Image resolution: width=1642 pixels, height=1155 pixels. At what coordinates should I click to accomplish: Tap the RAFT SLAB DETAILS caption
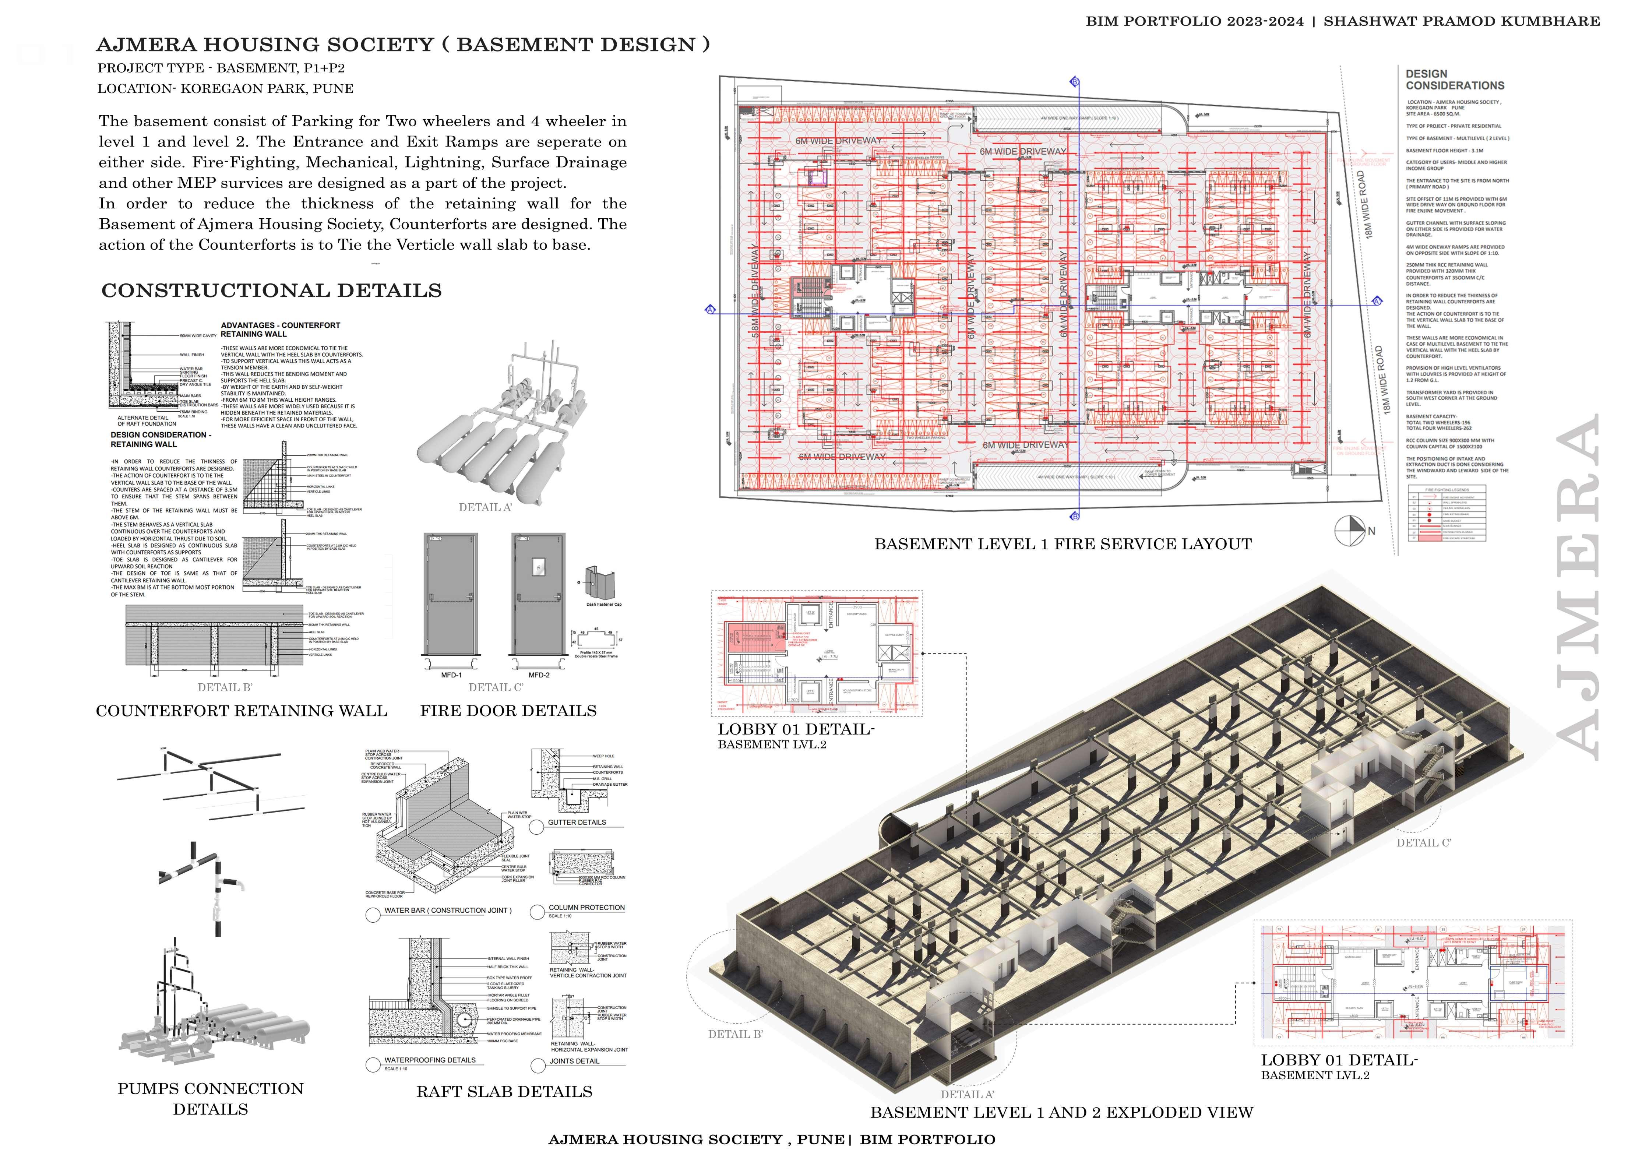504,1091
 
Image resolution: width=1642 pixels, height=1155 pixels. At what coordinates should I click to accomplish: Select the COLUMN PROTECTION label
586,908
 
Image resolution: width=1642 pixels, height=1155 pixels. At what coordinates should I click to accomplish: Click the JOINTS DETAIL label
574,1061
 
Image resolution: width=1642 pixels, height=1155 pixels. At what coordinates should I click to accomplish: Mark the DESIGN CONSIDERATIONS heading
1455,80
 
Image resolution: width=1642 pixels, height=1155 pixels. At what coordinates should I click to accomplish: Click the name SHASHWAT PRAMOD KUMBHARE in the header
1461,21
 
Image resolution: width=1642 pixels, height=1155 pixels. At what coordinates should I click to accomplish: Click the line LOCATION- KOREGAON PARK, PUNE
225,89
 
